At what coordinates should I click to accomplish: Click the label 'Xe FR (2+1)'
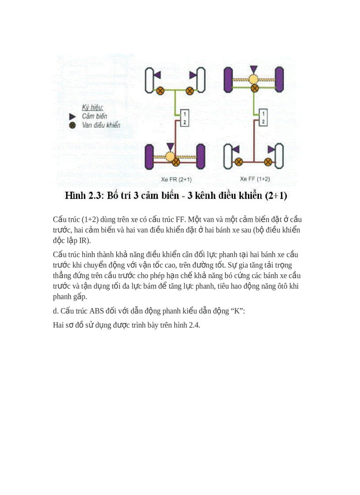176,179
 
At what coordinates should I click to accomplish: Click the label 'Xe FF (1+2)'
255,179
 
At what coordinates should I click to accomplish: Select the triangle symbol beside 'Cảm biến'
73,116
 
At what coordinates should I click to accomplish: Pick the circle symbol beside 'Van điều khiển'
73,125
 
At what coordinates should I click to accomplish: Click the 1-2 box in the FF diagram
263,118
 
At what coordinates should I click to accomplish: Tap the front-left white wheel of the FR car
150,80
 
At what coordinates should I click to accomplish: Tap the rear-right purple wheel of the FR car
201,156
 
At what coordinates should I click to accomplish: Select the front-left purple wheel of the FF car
229,80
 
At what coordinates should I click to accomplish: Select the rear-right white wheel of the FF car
279,156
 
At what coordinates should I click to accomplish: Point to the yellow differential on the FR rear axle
170,156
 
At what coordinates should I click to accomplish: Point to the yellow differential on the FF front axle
253,80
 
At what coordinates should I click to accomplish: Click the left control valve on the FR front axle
160,91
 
